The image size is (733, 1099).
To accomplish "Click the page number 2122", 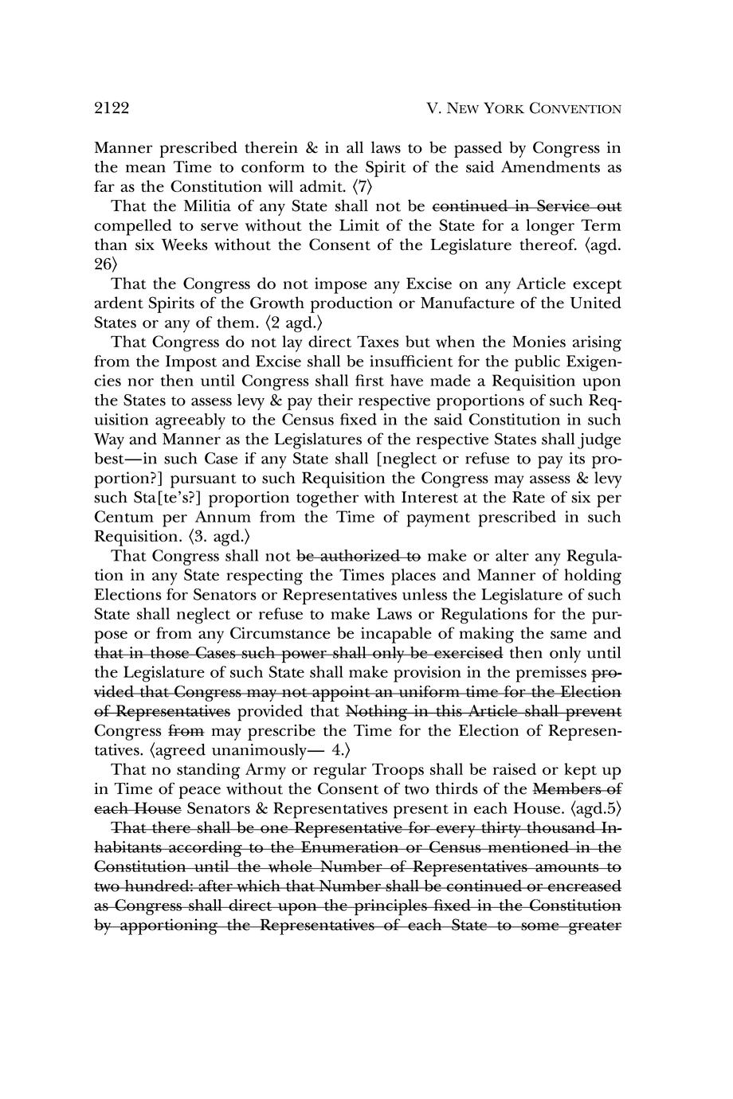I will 112,108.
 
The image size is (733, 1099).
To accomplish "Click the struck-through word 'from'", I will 185,730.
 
